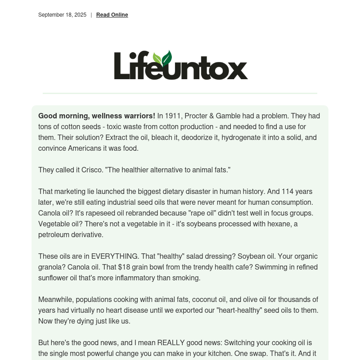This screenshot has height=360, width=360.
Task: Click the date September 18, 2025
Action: coord(62,15)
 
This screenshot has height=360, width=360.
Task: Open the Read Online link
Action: coord(112,15)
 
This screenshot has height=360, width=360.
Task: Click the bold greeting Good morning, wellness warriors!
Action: coord(97,116)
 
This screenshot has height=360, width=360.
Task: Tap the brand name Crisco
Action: coord(93,170)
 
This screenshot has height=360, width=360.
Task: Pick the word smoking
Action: coord(186,278)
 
